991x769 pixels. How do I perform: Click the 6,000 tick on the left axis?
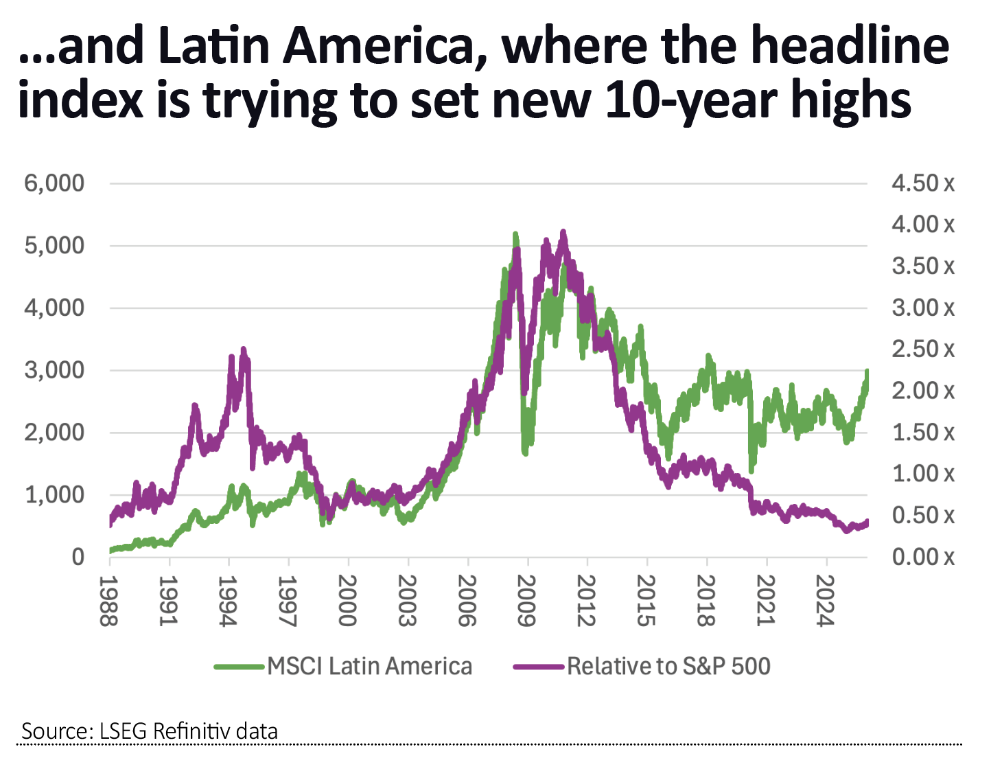54,183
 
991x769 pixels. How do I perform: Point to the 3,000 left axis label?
54,370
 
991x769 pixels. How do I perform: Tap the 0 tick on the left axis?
78,557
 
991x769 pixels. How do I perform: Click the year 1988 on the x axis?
108,601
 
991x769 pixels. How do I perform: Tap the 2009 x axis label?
526,601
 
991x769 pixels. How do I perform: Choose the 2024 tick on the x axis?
825,601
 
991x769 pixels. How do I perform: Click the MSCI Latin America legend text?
369,666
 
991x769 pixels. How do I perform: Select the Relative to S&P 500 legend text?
668,666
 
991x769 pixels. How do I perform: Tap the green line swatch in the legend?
238,666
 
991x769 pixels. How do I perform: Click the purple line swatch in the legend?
539,666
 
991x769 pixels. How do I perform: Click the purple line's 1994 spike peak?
243,350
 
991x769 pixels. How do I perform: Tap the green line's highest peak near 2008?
515,235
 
